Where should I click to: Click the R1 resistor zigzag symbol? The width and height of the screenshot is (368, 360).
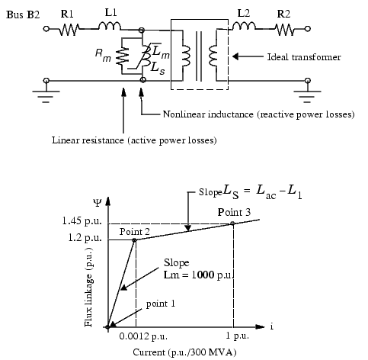pos(69,30)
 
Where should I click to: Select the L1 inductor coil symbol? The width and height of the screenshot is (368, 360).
pos(110,26)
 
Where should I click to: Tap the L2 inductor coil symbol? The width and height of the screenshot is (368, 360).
pos(244,26)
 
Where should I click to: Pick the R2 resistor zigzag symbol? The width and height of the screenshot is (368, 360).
pos(285,30)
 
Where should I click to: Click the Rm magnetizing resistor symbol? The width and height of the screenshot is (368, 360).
pos(122,56)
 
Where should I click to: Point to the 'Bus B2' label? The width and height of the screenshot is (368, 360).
pos(23,14)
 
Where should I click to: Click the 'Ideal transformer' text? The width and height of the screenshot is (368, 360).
pos(304,57)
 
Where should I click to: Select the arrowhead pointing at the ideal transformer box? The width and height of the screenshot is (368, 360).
pos(235,56)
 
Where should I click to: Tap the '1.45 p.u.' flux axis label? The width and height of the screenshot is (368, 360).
pos(82,220)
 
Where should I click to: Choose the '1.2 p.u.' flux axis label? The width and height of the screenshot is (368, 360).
pos(85,238)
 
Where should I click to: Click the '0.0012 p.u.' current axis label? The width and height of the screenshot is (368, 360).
pos(143,336)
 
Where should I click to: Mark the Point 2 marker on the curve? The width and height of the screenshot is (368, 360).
pos(134,240)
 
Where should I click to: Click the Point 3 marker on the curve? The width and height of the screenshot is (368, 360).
pos(232,223)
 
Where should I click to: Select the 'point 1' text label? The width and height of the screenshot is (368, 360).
pos(161,304)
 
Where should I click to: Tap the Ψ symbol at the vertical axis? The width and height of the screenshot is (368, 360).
pos(98,203)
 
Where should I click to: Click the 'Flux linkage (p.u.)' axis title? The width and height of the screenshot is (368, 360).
pos(88,287)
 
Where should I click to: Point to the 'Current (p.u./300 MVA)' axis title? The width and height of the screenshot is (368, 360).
pos(185,352)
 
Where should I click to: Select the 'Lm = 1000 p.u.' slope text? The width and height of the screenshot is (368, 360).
pos(198,275)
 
